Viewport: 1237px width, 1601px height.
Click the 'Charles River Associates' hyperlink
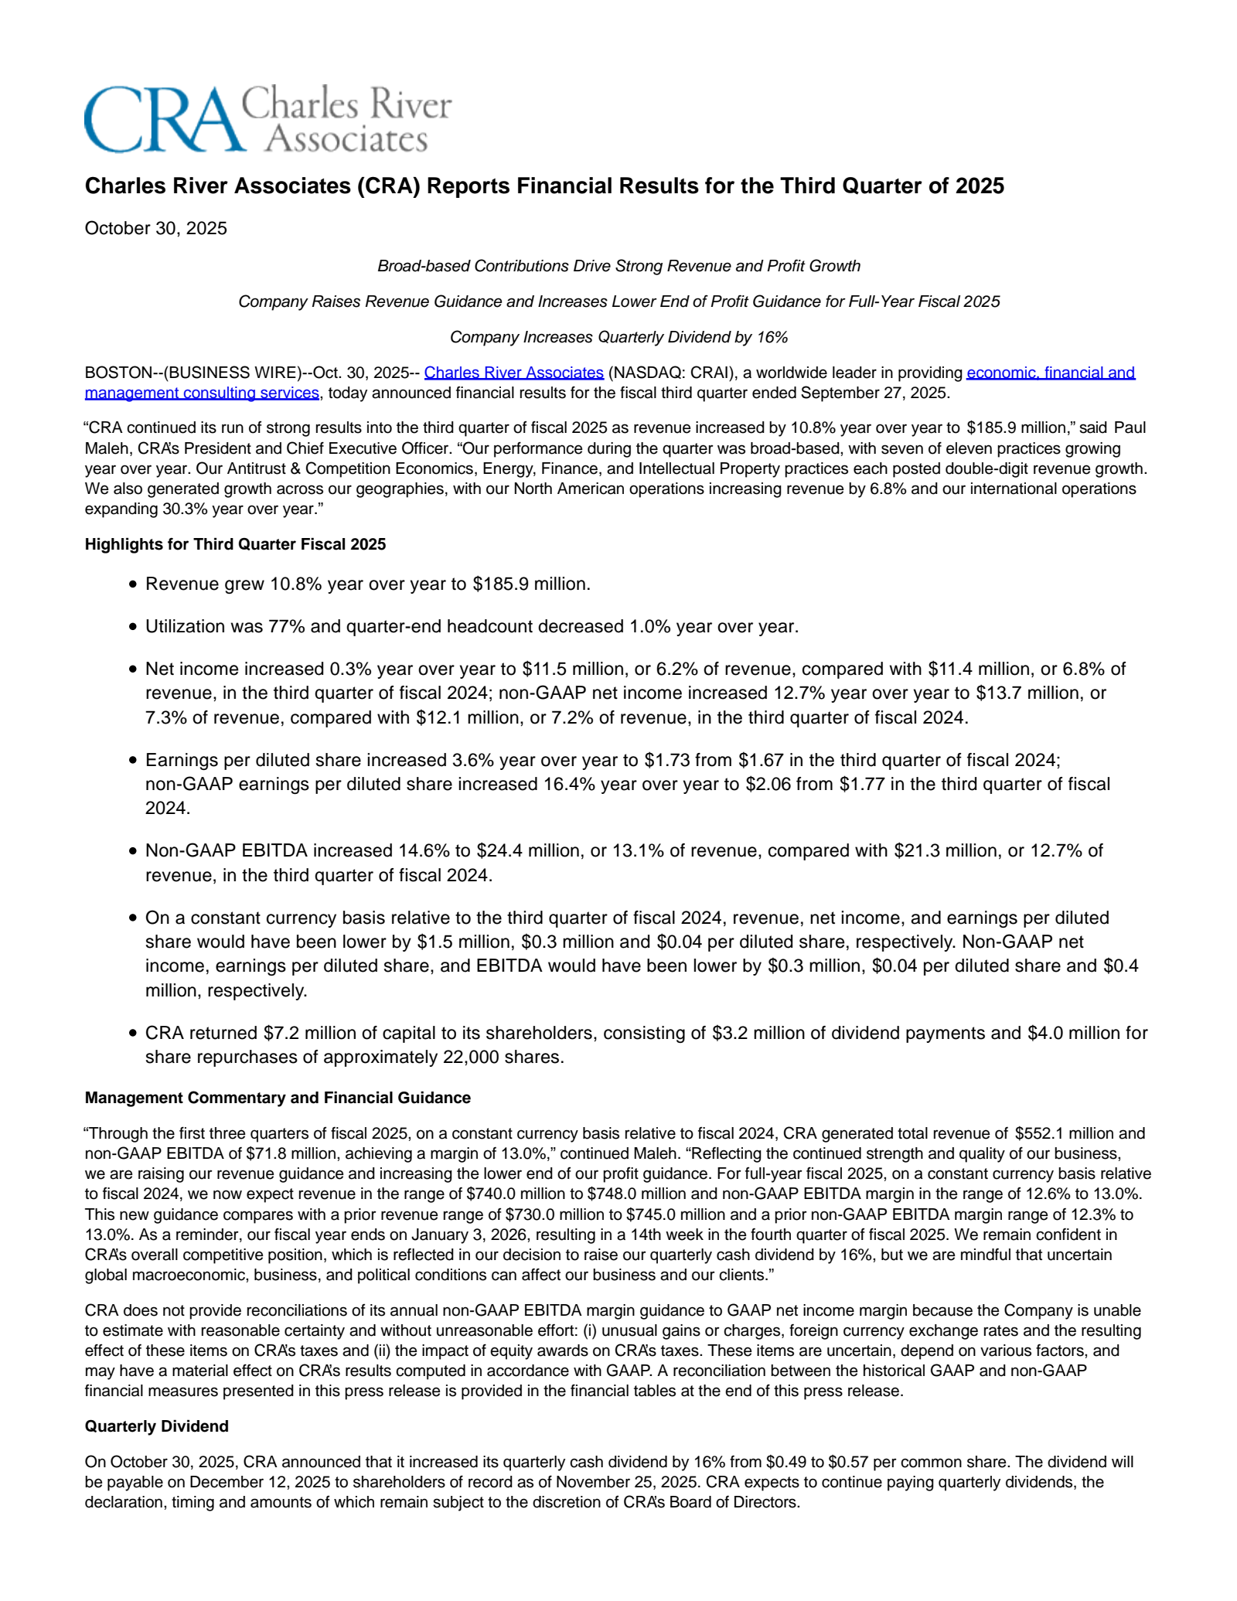[x=513, y=373]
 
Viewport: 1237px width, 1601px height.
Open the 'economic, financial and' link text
[x=1051, y=373]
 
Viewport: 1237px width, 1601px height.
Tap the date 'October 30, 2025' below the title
[x=155, y=228]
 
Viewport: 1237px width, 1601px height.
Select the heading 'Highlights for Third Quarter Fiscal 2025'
[x=235, y=544]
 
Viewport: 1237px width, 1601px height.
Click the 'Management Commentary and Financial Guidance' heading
[x=278, y=1098]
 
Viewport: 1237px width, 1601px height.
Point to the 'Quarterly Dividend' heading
[x=156, y=1426]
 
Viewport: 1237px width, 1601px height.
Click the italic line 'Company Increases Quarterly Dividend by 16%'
[x=618, y=337]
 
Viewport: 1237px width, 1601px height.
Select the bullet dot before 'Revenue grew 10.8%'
[x=134, y=584]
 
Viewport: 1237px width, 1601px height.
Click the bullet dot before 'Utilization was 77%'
[x=134, y=627]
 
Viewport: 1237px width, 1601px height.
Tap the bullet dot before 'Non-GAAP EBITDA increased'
[x=134, y=851]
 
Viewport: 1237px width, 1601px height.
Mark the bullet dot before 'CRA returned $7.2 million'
[x=134, y=1034]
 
